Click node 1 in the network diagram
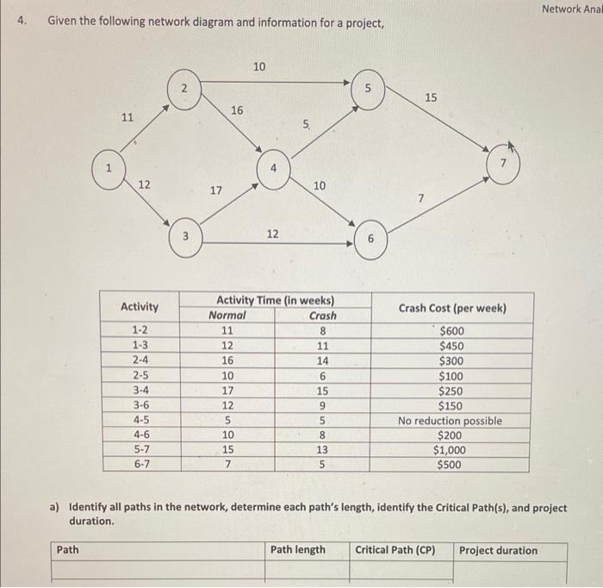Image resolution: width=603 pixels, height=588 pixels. [109, 168]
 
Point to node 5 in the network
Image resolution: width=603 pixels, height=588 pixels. [368, 89]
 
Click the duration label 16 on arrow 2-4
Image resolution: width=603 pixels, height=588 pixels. [237, 109]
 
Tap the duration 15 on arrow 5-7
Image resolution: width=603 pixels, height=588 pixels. [431, 98]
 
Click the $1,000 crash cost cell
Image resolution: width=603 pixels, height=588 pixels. [450, 450]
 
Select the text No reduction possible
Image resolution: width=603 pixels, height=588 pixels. [450, 421]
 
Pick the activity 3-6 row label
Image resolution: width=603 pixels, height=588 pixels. [140, 405]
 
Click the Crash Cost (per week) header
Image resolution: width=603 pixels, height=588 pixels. [452, 308]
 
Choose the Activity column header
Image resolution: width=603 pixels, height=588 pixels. [140, 307]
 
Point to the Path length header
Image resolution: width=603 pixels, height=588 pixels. [298, 550]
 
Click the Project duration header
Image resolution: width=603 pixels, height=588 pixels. [498, 550]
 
